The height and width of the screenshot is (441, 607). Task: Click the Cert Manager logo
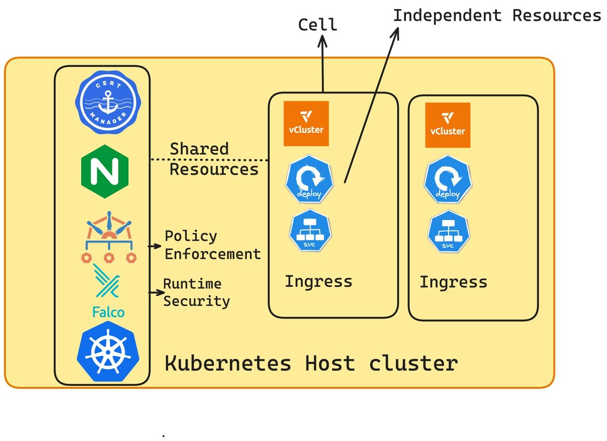108,102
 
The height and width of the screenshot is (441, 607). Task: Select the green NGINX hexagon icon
105,171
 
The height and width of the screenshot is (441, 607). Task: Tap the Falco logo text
109,312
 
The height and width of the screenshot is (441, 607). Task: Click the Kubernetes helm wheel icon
108,352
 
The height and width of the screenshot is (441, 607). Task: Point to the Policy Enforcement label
212,245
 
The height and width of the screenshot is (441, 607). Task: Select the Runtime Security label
196,292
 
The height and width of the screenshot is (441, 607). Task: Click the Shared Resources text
213,159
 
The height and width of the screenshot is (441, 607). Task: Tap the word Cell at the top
317,25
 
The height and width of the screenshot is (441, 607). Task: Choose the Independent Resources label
497,16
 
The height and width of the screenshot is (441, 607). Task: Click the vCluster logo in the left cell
306,123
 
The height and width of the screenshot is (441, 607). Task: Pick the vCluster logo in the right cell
448,125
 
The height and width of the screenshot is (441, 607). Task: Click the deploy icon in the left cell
309,179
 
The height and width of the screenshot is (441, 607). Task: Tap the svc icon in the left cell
310,231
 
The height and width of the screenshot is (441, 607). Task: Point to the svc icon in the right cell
448,232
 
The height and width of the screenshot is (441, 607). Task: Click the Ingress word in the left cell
318,281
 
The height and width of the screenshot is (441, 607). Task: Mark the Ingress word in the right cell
453,282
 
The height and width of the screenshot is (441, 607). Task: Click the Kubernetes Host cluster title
311,363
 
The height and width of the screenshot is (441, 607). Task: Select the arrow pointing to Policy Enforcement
155,246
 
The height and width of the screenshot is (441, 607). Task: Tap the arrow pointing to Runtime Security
156,292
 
